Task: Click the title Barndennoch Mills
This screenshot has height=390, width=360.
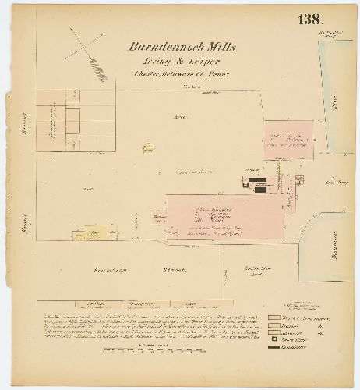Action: click(x=184, y=47)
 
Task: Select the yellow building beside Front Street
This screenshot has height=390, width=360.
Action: click(x=89, y=232)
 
